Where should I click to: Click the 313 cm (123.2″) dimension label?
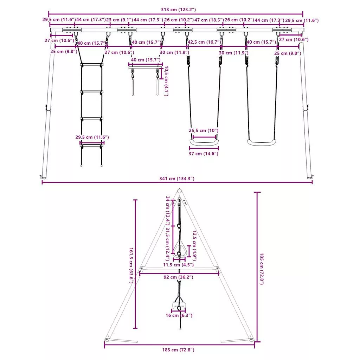click(178, 9)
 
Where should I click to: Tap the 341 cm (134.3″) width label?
click(177, 178)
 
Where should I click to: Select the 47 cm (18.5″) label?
click(209, 20)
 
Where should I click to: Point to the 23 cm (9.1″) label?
click(120, 20)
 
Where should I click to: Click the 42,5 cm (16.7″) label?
click(204, 42)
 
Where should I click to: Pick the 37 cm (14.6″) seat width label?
click(204, 153)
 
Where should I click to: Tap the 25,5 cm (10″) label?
click(204, 130)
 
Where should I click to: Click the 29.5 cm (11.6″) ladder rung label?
click(92, 137)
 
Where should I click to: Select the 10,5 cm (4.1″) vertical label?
click(166, 81)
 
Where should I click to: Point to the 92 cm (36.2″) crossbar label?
click(178, 277)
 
